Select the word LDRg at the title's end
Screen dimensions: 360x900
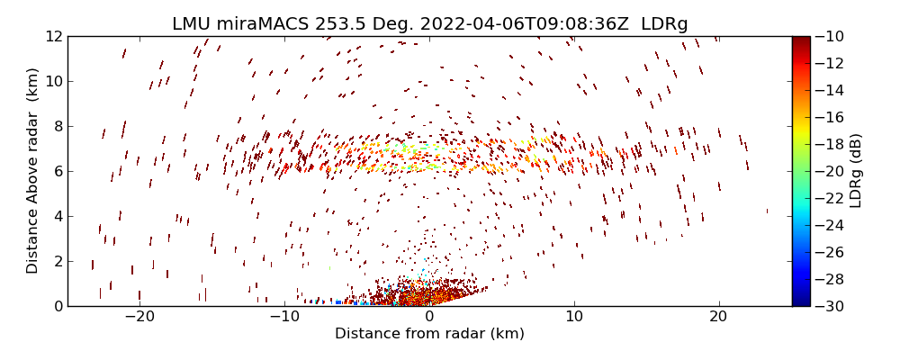click(664, 24)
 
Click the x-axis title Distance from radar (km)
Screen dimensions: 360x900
click(429, 334)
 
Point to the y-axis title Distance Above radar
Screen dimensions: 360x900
click(33, 170)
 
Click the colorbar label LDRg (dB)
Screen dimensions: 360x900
click(855, 171)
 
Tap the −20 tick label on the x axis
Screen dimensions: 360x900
click(139, 317)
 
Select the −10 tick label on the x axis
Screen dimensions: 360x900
click(284, 317)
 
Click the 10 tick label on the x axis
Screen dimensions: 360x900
click(574, 317)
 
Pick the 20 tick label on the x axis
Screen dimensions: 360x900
click(718, 317)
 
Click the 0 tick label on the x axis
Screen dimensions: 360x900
click(429, 317)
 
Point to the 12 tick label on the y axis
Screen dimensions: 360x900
click(53, 36)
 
